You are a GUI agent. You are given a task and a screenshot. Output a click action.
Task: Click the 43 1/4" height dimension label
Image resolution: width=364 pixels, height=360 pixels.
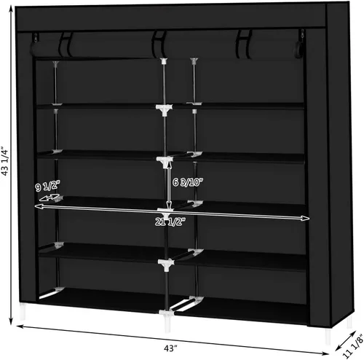point(5,162)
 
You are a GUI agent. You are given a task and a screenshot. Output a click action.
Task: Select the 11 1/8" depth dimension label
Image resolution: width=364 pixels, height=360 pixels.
point(354,346)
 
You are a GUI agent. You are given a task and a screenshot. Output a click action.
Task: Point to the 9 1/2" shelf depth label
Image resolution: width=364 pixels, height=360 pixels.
point(47,187)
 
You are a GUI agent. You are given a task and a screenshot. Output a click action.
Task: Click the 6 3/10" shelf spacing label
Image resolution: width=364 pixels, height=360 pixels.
point(188,182)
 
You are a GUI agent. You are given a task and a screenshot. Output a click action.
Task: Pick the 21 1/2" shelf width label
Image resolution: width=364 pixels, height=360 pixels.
point(170,222)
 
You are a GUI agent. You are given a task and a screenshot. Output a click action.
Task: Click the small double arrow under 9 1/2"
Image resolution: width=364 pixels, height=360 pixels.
point(50,197)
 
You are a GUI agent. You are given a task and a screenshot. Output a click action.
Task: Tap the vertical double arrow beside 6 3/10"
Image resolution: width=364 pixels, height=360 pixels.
point(170,184)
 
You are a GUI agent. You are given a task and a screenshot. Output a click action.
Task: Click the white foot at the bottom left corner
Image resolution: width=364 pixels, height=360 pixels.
point(23,311)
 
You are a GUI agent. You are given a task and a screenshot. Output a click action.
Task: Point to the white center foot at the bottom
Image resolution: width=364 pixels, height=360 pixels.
point(167,323)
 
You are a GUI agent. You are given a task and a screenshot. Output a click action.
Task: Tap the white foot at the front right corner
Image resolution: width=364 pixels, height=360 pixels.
point(328,335)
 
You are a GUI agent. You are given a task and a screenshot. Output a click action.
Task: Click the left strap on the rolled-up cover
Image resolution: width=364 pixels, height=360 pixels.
point(66,45)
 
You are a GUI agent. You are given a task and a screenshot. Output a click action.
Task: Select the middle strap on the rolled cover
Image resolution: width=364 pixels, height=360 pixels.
point(159,44)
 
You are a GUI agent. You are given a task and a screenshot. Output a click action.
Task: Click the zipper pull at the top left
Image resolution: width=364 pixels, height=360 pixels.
point(36,37)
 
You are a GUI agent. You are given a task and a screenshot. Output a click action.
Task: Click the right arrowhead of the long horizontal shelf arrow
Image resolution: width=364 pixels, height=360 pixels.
point(306,219)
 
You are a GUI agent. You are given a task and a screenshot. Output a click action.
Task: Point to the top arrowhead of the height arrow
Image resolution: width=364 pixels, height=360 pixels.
point(11,9)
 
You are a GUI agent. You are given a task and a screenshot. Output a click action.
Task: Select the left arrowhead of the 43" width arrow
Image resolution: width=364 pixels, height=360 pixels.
point(20,326)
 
